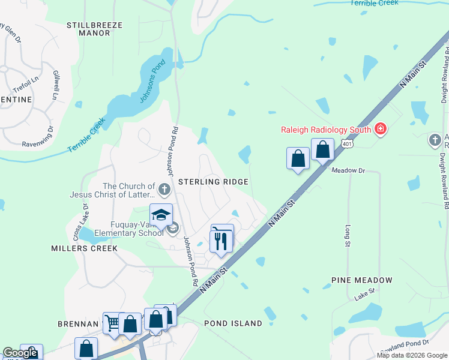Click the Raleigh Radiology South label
[327, 129]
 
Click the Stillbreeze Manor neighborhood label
[95, 29]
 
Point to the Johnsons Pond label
[151, 82]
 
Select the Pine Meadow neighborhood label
[362, 280]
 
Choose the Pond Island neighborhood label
[233, 323]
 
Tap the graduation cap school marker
[161, 215]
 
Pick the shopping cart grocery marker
[112, 322]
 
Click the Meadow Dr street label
[349, 170]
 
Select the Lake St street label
[364, 294]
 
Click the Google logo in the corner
[20, 353]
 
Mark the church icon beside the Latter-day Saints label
[164, 190]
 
